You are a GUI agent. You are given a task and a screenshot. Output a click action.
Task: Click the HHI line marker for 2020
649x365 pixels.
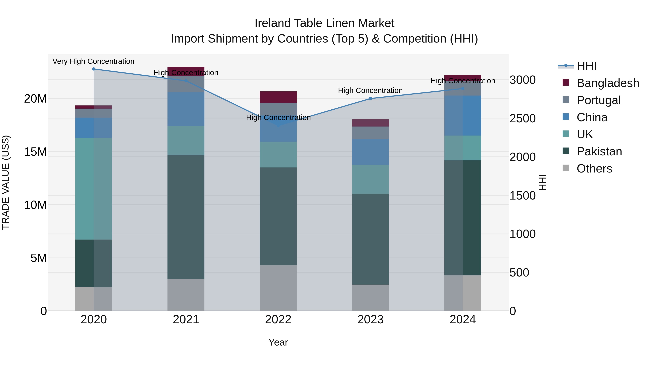point(94,69)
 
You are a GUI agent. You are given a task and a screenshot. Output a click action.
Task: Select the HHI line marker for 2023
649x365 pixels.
point(370,98)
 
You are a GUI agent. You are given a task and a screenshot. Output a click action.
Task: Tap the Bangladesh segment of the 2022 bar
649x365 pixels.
point(278,97)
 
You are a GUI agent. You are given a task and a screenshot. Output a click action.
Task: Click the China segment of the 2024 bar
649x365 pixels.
point(463,115)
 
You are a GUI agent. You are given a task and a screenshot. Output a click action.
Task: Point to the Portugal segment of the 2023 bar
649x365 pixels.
point(370,133)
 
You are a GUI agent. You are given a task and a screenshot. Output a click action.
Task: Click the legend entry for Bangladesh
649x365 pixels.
point(608,83)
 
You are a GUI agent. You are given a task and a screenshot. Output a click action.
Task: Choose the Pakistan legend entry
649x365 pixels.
point(599,151)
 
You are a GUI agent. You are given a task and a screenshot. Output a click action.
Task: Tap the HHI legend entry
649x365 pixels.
point(586,66)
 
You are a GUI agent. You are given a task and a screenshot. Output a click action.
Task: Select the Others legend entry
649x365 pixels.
point(594,169)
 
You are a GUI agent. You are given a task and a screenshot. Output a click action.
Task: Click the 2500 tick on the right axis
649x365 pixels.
point(522,118)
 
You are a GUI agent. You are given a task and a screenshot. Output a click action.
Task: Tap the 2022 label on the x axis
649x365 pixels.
point(278,320)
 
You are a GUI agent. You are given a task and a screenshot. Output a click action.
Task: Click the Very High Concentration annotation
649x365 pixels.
point(93,61)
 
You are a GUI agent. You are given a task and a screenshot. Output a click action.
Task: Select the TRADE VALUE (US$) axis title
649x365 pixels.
point(6,182)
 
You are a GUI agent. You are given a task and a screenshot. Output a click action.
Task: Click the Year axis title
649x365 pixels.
point(278,342)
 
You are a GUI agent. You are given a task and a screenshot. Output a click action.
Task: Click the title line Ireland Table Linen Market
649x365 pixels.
point(324,23)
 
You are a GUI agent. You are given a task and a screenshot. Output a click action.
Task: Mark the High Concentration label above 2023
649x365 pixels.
point(370,90)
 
